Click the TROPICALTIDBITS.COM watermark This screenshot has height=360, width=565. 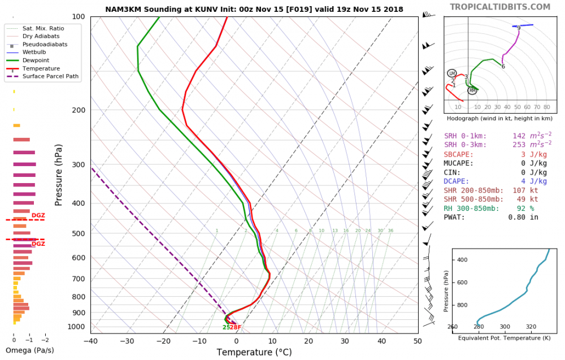(x=500, y=7)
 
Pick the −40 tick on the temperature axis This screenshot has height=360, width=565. (x=90, y=341)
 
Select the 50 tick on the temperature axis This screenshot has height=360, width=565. (x=418, y=341)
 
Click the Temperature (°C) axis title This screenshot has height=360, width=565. (x=254, y=353)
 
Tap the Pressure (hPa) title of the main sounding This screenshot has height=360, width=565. (x=59, y=175)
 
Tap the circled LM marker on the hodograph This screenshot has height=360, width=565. (x=451, y=73)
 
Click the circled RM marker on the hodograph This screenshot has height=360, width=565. (x=472, y=90)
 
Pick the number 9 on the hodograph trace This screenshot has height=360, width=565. (x=518, y=28)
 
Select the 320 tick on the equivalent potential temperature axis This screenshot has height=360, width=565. (x=531, y=327)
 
